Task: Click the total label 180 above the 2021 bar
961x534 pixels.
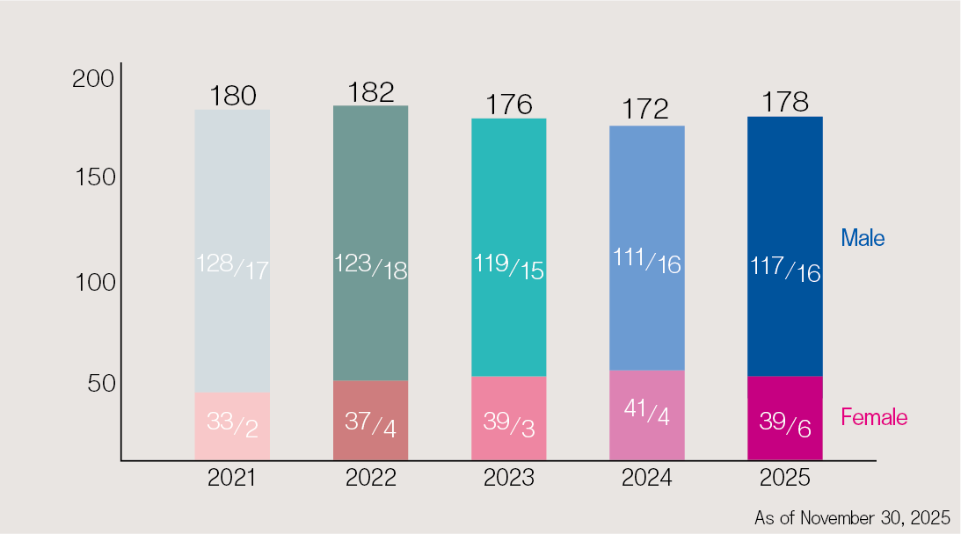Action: click(x=232, y=96)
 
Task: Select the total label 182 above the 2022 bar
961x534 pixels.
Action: click(x=370, y=92)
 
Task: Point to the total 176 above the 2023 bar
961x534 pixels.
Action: click(x=509, y=105)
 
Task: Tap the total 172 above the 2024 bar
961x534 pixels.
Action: click(x=646, y=110)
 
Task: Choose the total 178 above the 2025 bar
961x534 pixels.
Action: click(x=784, y=102)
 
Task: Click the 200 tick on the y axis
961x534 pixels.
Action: click(x=93, y=79)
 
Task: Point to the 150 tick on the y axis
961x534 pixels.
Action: click(x=93, y=177)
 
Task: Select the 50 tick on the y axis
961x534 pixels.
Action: click(x=98, y=384)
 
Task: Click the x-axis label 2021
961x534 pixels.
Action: click(x=232, y=479)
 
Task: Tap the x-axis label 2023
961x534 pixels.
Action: click(x=509, y=479)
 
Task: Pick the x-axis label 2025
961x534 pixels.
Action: click(x=785, y=479)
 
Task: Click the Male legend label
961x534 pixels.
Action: click(x=863, y=238)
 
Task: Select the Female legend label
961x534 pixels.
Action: click(x=874, y=418)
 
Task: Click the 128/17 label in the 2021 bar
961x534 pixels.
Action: click(x=232, y=266)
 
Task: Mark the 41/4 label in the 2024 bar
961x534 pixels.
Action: click(x=646, y=412)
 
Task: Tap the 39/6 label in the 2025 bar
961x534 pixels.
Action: click(x=785, y=424)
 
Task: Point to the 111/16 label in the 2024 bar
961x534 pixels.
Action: click(x=646, y=261)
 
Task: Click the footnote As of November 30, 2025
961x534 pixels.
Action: click(x=851, y=518)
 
